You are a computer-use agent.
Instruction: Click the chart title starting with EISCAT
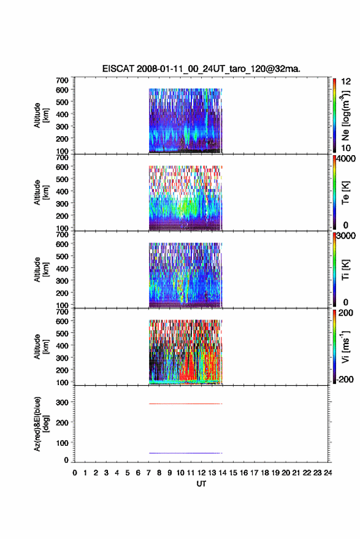tap(201, 69)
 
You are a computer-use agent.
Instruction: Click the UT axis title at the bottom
tap(201, 484)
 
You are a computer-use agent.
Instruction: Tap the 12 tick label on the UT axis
tap(201, 473)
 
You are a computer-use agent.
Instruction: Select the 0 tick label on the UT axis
tap(75, 473)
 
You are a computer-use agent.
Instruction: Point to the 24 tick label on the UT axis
tap(327, 473)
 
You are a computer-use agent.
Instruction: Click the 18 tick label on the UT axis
tap(264, 473)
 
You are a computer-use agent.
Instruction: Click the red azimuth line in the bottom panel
tap(186, 403)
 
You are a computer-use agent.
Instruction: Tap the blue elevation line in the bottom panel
tap(186, 453)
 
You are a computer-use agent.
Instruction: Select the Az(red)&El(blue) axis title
tap(41, 424)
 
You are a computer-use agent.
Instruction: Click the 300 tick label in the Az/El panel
tap(62, 402)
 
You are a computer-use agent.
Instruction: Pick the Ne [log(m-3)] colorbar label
tap(346, 115)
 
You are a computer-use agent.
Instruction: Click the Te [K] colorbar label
tap(345, 193)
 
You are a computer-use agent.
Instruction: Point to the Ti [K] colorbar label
tap(345, 270)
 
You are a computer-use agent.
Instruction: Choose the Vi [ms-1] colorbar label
tap(345, 346)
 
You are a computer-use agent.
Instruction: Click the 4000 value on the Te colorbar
tap(346, 159)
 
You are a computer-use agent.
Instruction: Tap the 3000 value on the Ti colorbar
tap(346, 236)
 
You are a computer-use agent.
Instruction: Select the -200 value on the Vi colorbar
tap(345, 379)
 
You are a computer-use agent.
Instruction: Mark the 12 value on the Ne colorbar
tap(346, 82)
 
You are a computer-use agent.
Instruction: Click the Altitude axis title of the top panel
tap(41, 115)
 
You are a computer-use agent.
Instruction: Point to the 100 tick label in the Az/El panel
tap(62, 443)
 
